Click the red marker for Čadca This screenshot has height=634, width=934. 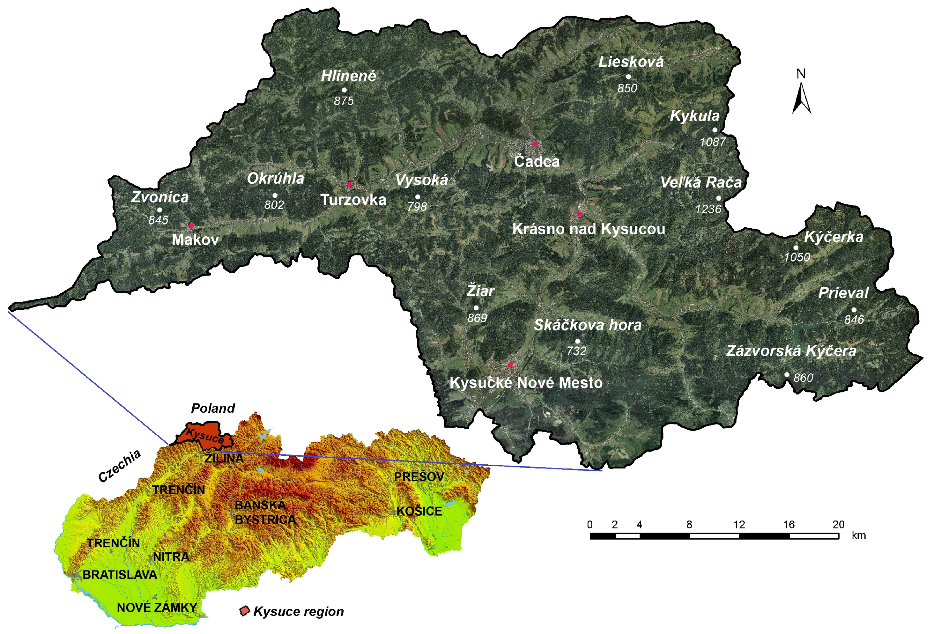pyautogui.click(x=535, y=143)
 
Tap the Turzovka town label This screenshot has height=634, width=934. pyautogui.click(x=353, y=200)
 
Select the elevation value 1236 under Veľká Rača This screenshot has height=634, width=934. pyautogui.click(x=708, y=209)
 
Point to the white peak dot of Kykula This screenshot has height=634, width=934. pyautogui.click(x=715, y=130)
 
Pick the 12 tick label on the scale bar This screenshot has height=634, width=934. pyautogui.click(x=739, y=525)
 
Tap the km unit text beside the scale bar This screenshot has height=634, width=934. pyautogui.click(x=858, y=536)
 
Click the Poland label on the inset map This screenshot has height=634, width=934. pyautogui.click(x=213, y=408)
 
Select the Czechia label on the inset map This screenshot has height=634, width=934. pyautogui.click(x=119, y=466)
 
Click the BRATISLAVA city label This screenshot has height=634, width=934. pyautogui.click(x=120, y=575)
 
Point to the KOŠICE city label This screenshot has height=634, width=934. pyautogui.click(x=419, y=512)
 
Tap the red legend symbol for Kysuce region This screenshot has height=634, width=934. pyautogui.click(x=244, y=611)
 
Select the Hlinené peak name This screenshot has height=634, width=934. pyautogui.click(x=349, y=76)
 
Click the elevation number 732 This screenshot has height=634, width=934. pyautogui.click(x=576, y=351)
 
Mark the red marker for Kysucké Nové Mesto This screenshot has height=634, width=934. pyautogui.click(x=510, y=365)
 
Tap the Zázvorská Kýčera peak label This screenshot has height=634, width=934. pyautogui.click(x=791, y=351)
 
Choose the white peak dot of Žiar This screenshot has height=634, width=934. pyautogui.click(x=476, y=308)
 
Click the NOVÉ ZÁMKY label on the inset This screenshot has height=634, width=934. pyautogui.click(x=157, y=607)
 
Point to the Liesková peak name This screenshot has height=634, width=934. pyautogui.click(x=631, y=62)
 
